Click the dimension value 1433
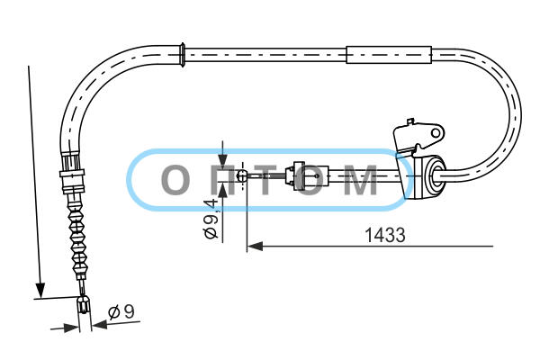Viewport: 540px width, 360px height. click(x=384, y=235)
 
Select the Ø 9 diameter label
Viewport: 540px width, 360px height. click(x=121, y=311)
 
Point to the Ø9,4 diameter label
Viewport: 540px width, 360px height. click(x=211, y=218)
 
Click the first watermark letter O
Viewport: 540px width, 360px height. click(x=175, y=179)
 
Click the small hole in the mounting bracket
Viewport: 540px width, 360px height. click(x=436, y=132)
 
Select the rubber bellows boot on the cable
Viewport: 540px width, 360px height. click(x=77, y=238)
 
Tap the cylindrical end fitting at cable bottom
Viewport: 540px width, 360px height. click(x=84, y=304)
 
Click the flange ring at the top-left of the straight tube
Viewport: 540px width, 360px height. click(x=183, y=55)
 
